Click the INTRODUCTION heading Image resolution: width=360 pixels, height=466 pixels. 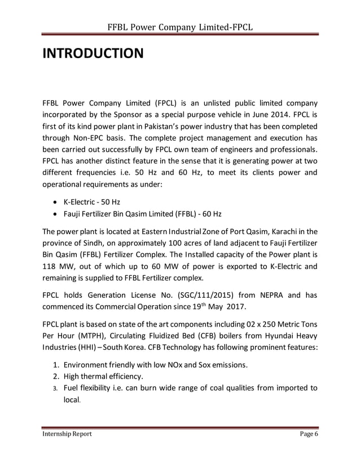[x=93, y=55]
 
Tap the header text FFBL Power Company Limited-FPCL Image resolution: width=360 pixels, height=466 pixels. [x=180, y=28]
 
